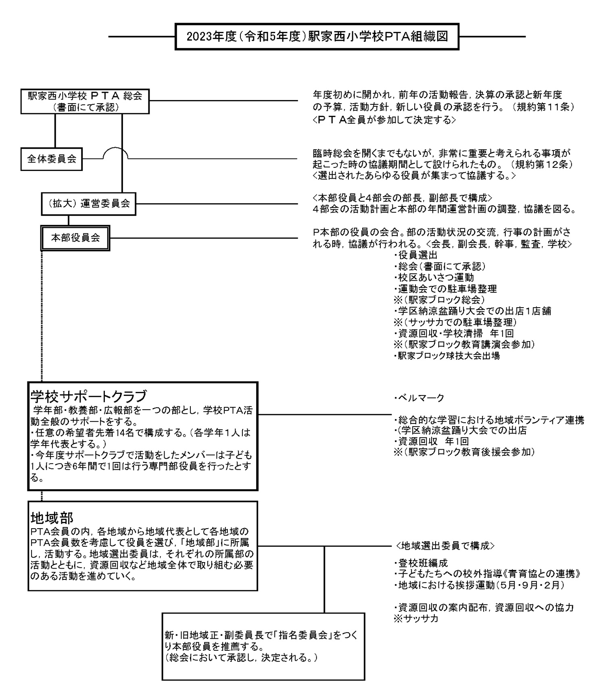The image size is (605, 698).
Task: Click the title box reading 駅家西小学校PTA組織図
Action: tap(317, 37)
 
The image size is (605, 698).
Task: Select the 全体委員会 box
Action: tap(52, 159)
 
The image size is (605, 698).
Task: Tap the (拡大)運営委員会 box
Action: tap(88, 204)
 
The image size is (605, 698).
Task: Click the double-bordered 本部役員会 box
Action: tap(75, 238)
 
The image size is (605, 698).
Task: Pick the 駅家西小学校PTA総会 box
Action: tap(85, 101)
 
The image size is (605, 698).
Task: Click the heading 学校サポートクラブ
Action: tap(88, 396)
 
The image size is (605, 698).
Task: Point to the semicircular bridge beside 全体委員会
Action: tap(115, 153)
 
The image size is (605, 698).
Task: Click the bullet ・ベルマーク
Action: tap(419, 398)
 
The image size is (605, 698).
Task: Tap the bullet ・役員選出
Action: tap(415, 255)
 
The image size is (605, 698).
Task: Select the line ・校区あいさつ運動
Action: tap(434, 277)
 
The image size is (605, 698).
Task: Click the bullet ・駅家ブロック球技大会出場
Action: tap(446, 356)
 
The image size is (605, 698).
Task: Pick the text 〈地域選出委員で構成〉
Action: tap(444, 546)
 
